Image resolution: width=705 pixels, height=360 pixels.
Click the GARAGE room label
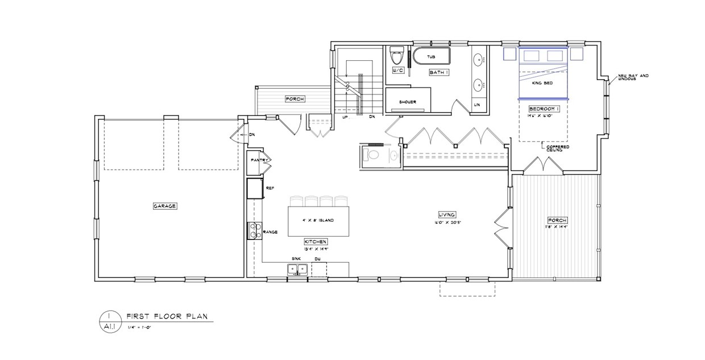point(165,205)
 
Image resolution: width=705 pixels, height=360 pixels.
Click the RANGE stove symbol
point(254,231)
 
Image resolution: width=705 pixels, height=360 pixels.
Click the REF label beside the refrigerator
point(271,187)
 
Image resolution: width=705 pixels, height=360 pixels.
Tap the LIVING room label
point(446,214)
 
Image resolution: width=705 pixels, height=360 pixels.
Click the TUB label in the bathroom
point(431,57)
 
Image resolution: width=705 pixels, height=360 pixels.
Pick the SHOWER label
point(407,102)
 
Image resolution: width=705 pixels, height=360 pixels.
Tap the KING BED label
point(542,83)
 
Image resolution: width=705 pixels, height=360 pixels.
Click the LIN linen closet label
point(476,105)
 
